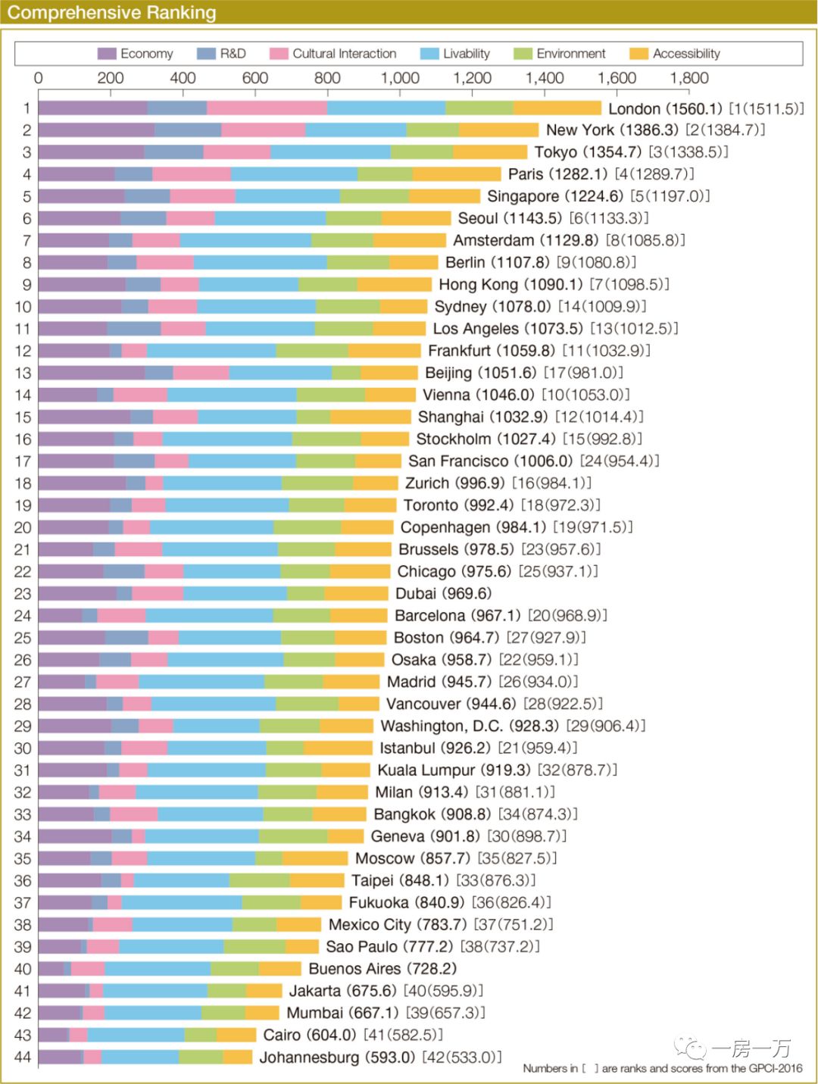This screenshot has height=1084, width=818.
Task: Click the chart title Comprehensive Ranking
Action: pos(112,13)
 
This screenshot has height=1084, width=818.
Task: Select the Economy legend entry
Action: pos(136,54)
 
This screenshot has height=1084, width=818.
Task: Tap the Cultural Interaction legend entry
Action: pos(333,54)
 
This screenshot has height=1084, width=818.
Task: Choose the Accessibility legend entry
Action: pos(676,54)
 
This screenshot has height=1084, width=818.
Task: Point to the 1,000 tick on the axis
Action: pos(400,78)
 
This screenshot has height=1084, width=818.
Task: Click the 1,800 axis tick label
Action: pos(689,78)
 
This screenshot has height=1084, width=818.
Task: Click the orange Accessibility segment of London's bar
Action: pos(557,108)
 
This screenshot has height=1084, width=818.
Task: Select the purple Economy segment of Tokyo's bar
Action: pos(91,152)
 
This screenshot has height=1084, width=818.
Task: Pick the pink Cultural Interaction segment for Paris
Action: pos(192,174)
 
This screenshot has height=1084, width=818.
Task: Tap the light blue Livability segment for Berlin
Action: pos(260,263)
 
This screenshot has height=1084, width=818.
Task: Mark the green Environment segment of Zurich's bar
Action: pos(317,483)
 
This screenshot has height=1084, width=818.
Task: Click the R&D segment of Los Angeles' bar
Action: pos(134,329)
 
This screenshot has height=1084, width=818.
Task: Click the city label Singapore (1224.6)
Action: pos(555,196)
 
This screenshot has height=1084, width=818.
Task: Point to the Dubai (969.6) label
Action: pos(443,593)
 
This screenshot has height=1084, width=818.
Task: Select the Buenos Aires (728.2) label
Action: pos(382,969)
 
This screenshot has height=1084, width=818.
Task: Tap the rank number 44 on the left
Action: pos(23,1057)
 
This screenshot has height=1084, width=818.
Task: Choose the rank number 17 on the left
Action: pos(23,461)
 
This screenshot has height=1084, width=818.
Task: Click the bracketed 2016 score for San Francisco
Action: pos(620,461)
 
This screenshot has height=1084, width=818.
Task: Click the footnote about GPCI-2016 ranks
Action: pos(662,1069)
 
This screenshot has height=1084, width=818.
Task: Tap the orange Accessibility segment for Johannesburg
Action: pos(238,1057)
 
